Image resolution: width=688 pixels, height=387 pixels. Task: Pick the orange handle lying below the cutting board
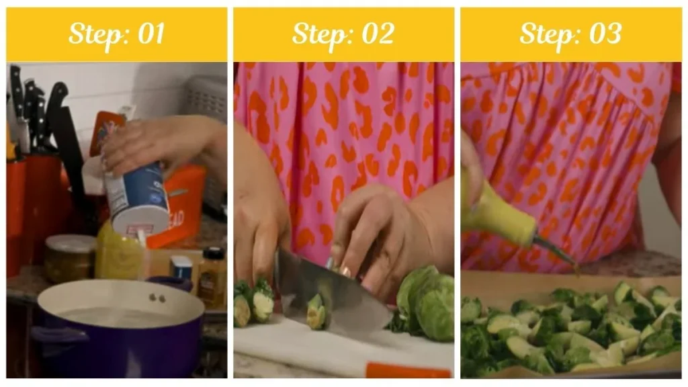pos(406,370)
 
